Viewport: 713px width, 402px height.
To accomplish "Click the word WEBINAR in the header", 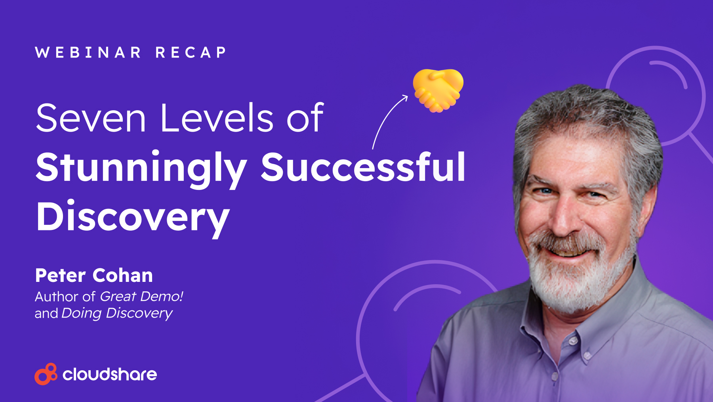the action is click(88, 52).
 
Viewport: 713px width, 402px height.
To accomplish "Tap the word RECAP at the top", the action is click(191, 52).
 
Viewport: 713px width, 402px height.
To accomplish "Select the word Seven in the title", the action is click(91, 118).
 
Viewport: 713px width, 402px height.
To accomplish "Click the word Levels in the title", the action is click(217, 118).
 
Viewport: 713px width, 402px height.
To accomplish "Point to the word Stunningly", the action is click(141, 168).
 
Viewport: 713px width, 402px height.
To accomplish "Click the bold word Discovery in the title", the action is click(133, 217).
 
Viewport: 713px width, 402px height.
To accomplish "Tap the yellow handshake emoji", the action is click(438, 90).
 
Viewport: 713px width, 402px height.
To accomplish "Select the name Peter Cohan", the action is click(94, 276).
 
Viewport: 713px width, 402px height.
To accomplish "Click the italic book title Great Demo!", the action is click(141, 296).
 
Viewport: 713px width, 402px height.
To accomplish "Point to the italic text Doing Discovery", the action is click(117, 314).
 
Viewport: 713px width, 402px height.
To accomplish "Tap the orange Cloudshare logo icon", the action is click(46, 374).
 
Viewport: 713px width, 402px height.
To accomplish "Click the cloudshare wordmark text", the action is click(110, 374).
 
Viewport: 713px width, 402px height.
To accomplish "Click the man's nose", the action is click(564, 220).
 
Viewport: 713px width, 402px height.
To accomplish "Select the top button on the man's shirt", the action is click(573, 341).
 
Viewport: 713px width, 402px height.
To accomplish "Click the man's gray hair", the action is click(586, 115).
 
